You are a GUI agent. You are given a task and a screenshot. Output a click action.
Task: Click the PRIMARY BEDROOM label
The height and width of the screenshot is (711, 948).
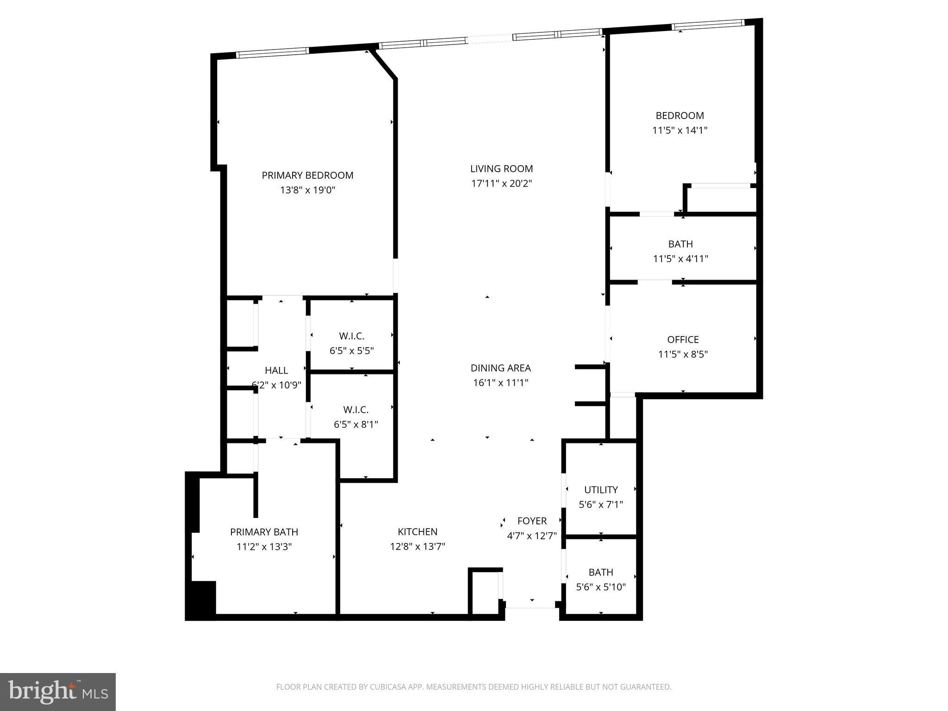307,175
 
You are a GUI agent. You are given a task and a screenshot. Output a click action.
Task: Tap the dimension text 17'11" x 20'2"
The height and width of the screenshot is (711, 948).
501,184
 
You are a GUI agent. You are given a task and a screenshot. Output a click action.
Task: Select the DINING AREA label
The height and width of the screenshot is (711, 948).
500,368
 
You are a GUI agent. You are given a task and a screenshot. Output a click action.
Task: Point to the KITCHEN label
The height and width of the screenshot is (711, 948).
417,532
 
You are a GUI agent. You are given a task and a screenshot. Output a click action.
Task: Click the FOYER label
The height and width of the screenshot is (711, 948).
532,521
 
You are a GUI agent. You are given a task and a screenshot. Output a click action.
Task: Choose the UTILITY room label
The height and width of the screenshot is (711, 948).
600,490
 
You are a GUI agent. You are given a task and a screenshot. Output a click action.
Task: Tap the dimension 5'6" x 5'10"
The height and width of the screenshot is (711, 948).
600,587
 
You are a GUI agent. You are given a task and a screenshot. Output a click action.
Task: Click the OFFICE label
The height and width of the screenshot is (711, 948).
683,340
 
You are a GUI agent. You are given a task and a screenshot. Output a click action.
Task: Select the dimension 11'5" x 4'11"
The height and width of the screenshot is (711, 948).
680,259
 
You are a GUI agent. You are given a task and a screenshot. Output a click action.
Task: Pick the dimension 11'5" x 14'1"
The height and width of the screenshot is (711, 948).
680,131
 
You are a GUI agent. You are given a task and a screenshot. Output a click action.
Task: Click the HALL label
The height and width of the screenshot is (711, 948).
276,370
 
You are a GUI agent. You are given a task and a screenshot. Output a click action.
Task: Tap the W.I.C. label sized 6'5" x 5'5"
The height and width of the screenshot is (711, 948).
351,336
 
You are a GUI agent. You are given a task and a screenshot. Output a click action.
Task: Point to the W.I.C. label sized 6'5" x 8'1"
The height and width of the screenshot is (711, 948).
355,410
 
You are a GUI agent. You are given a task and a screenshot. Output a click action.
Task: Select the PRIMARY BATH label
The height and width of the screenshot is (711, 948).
264,532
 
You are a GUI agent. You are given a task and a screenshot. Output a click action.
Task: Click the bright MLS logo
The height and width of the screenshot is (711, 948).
58,692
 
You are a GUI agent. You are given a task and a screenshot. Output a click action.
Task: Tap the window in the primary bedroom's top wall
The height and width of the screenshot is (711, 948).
272,52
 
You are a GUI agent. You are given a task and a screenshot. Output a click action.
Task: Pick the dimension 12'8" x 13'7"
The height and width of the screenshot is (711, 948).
417,547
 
